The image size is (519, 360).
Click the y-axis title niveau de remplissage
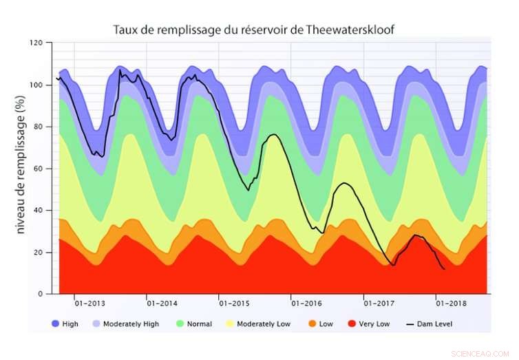coord(21,168)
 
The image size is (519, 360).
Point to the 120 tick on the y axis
coord(36,43)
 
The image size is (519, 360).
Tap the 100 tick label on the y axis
coord(36,85)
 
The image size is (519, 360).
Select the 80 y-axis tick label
coord(39,127)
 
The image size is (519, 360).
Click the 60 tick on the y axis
coord(39,169)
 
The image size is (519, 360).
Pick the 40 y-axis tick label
coord(39,211)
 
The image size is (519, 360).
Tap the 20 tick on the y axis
coord(39,253)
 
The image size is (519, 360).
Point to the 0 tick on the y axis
coord(41,294)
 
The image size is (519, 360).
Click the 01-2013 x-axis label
coord(89,304)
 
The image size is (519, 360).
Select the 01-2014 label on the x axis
coord(162,304)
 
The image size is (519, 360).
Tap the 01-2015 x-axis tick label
coord(235,304)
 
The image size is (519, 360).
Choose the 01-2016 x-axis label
coord(307,304)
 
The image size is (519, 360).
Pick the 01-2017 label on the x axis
coord(379,304)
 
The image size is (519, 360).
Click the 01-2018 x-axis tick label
coord(452,304)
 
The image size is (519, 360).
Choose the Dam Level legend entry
coord(434,324)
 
